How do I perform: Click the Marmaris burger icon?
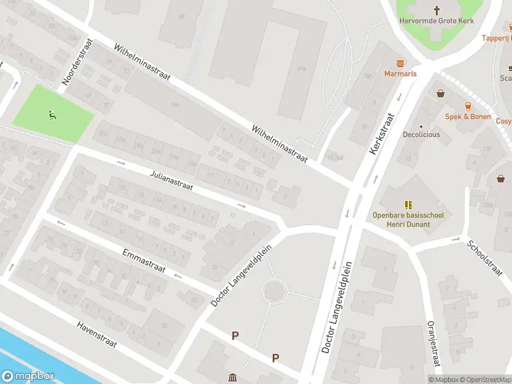[401, 63]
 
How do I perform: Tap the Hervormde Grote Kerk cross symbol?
[437, 10]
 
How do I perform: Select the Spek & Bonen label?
[468, 116]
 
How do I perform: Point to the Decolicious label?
[421, 135]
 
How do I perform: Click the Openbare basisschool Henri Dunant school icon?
[408, 205]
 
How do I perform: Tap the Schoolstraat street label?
[484, 257]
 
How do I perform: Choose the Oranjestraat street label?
[434, 344]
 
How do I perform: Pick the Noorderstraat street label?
[77, 62]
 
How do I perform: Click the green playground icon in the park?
[51, 115]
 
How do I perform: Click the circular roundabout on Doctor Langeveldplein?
[275, 291]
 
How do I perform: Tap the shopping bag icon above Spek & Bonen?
[440, 93]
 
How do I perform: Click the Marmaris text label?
[401, 74]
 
